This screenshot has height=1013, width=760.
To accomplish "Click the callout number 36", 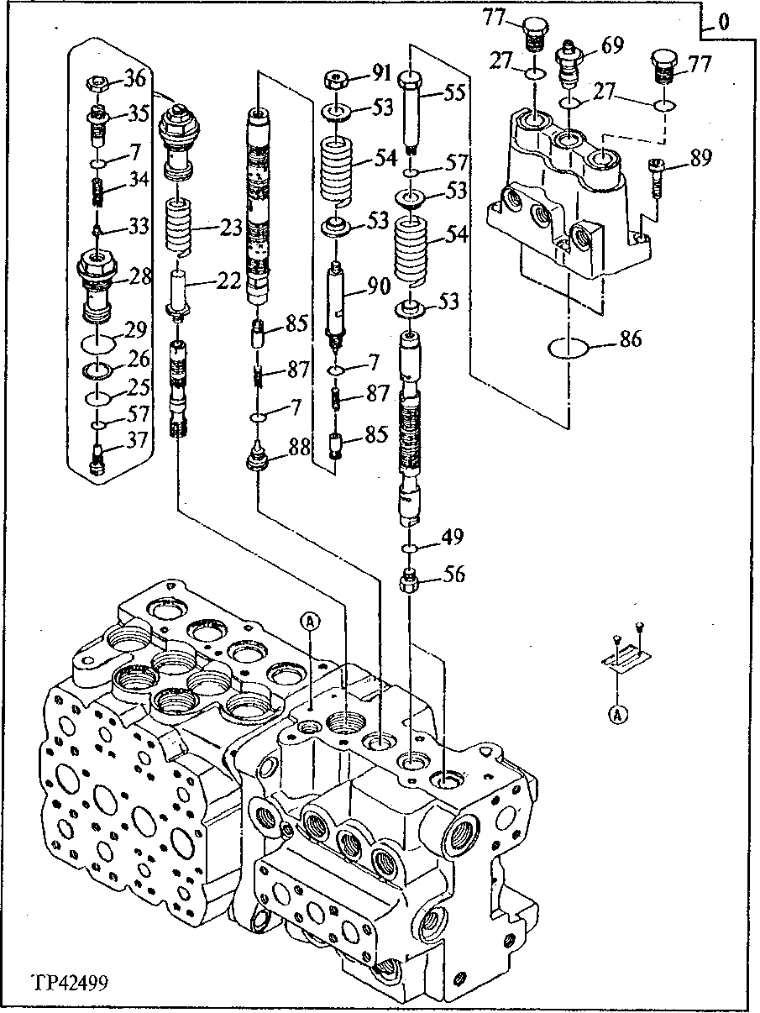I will point(135,79).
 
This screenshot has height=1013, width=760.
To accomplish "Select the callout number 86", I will point(630,339).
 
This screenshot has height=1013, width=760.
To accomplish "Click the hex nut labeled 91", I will point(337,82).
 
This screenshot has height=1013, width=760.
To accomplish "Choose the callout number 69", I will point(612,45).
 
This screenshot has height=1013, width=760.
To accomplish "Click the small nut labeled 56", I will point(411,580).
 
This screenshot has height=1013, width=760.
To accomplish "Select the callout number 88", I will point(300,449).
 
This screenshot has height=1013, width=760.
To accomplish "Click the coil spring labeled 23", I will point(180,226).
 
